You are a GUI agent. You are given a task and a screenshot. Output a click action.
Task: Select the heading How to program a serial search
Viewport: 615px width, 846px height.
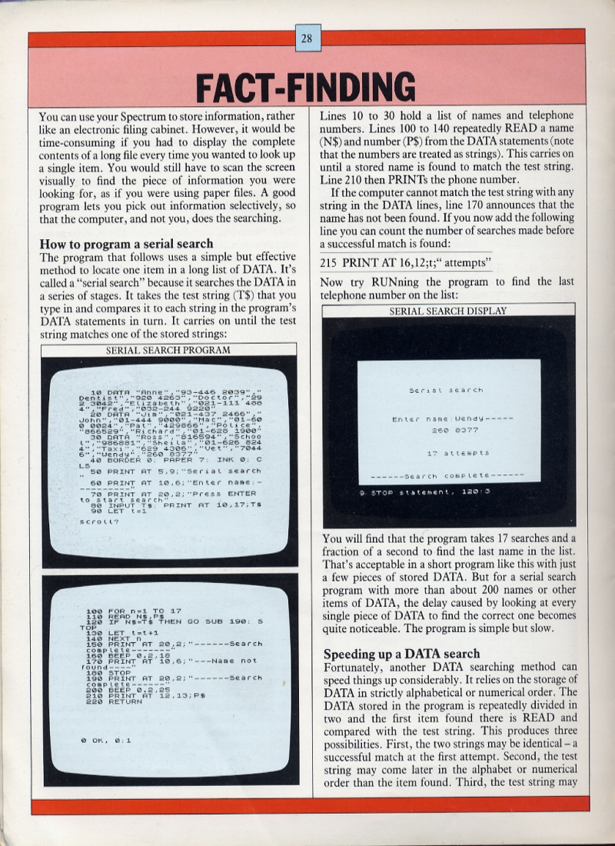[x=126, y=245]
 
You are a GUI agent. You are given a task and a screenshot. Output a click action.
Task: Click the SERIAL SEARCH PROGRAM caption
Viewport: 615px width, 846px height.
[x=168, y=350]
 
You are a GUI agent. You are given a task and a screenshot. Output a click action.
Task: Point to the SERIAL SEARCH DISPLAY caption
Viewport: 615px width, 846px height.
[x=448, y=311]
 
